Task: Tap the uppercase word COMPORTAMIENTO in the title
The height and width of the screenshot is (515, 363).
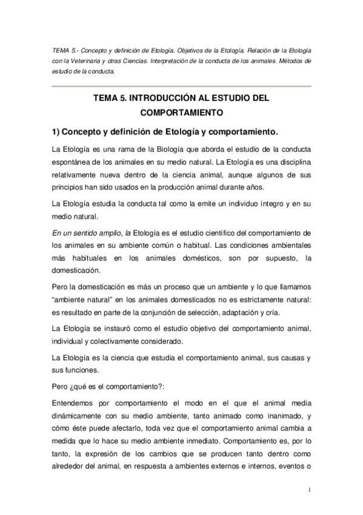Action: click(181, 112)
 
